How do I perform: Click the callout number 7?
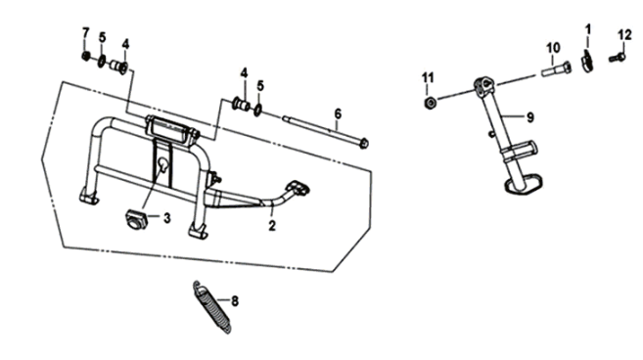coord(85,32)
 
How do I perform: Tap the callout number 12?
coord(625,35)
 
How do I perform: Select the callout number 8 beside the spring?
coord(235,301)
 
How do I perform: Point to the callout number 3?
coord(167,218)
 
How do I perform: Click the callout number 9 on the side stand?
coord(530,117)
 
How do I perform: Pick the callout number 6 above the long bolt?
coord(338,114)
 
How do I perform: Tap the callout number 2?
coord(272,226)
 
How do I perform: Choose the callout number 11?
coord(428,77)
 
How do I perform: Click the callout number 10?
coord(553,48)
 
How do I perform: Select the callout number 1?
coord(588,29)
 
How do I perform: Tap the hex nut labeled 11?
coord(430,103)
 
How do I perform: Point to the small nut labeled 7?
coord(86,56)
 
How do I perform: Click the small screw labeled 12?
coord(617,58)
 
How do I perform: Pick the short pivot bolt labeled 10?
coord(557,68)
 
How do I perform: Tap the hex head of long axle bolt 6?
coord(363,144)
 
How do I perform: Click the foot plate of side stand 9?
coord(524,184)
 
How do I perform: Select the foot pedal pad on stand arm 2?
coord(299,188)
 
